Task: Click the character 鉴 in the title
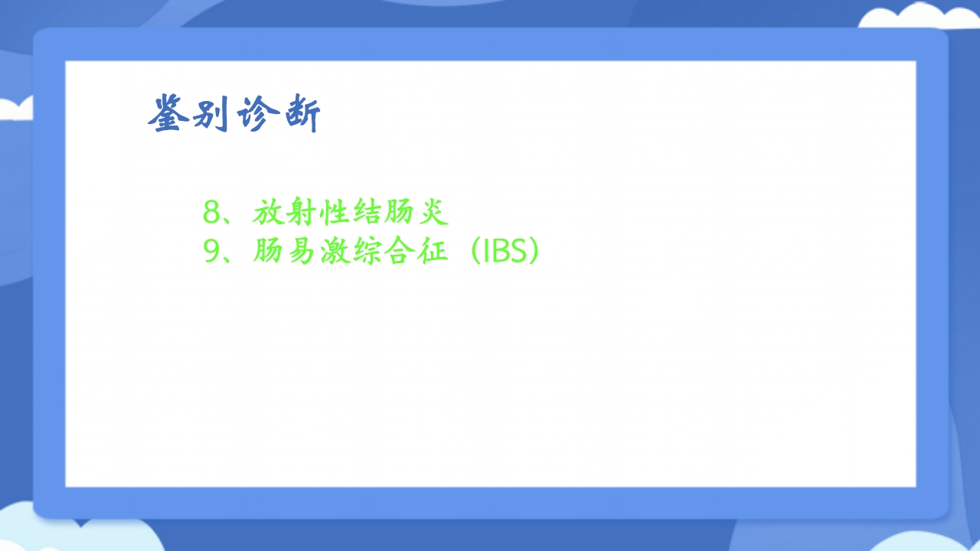tap(168, 115)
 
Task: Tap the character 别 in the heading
tap(211, 115)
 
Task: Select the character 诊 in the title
tap(256, 115)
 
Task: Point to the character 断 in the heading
tap(300, 115)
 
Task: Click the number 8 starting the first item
tap(211, 213)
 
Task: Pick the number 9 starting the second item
tap(211, 252)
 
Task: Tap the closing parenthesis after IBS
tap(534, 252)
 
